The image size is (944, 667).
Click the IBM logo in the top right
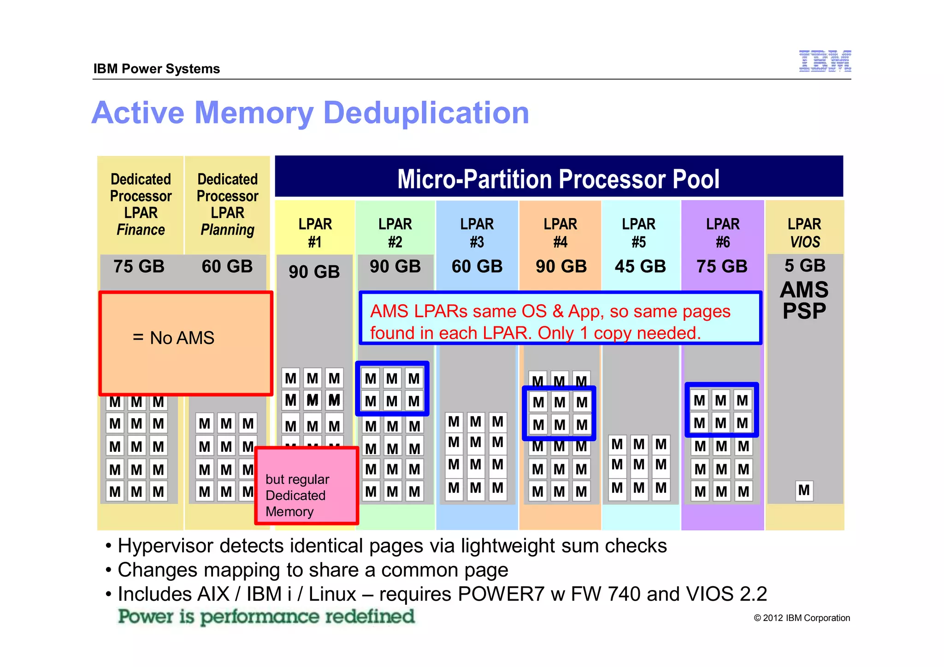click(825, 61)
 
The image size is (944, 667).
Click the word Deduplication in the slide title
click(426, 113)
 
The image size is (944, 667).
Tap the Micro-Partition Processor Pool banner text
click(558, 179)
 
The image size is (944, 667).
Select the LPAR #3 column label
click(477, 233)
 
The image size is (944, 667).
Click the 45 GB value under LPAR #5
click(640, 266)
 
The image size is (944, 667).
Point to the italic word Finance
click(141, 230)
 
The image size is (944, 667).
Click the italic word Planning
click(227, 230)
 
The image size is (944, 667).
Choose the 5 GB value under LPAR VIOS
click(805, 266)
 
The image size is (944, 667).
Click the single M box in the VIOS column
click(804, 490)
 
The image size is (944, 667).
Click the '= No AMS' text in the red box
click(173, 338)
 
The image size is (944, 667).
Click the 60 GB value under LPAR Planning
click(227, 266)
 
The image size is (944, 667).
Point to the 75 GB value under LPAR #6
click(722, 266)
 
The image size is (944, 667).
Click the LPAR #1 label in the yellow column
click(315, 233)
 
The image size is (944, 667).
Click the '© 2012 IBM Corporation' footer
click(802, 618)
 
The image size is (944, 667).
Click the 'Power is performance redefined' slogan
click(266, 617)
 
